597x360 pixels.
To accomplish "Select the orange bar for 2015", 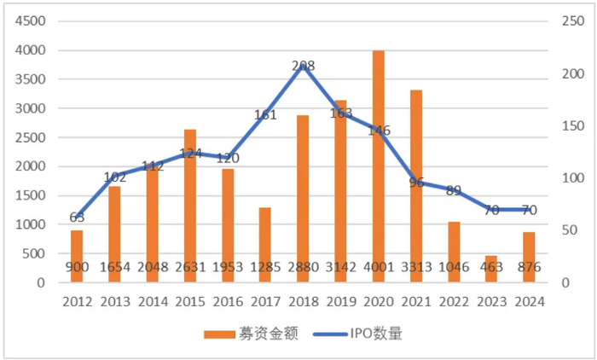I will pyautogui.click(x=190, y=206).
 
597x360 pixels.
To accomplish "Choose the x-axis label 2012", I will pyautogui.click(x=77, y=300).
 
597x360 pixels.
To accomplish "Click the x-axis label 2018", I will pyautogui.click(x=303, y=300).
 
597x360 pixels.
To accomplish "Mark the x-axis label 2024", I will pyautogui.click(x=529, y=300).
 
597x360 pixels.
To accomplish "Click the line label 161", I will pyautogui.click(x=266, y=114).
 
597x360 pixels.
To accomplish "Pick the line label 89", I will pyautogui.click(x=454, y=190).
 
